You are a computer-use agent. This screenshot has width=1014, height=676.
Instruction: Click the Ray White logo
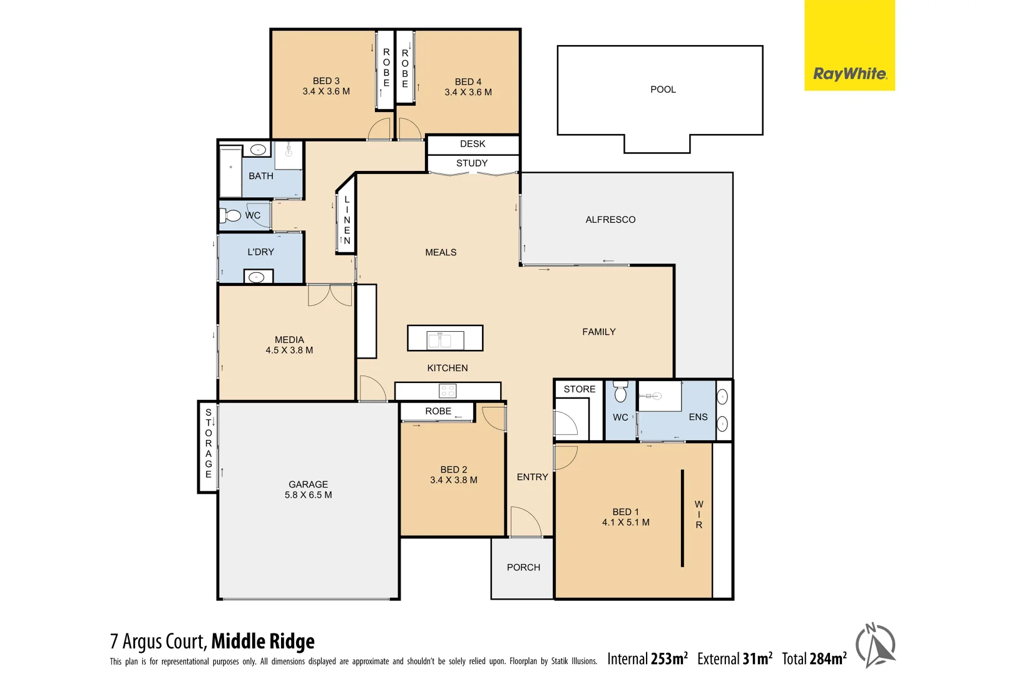(x=849, y=74)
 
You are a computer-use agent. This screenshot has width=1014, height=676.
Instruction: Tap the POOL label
(x=663, y=90)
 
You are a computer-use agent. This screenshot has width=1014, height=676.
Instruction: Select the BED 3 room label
(x=326, y=81)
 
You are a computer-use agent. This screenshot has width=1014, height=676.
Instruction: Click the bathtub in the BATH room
(x=231, y=171)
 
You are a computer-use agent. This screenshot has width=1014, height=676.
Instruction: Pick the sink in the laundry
(x=257, y=277)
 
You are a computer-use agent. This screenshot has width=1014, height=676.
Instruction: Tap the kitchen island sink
(x=445, y=340)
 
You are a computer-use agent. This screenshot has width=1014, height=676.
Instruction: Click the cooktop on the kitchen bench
(x=448, y=391)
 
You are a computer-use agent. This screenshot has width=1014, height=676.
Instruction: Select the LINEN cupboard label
(x=347, y=220)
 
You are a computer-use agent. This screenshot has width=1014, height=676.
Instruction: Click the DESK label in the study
(x=473, y=144)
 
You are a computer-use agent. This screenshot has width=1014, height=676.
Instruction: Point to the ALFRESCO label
(x=610, y=220)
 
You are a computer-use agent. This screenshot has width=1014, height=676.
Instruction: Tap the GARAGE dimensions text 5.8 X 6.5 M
(x=308, y=495)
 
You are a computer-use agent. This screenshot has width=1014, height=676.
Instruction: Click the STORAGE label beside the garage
(x=208, y=443)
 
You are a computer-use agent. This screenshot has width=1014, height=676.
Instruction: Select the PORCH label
(x=523, y=567)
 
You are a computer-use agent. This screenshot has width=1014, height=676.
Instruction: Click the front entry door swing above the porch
(x=525, y=521)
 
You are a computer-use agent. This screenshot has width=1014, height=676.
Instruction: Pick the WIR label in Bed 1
(x=699, y=515)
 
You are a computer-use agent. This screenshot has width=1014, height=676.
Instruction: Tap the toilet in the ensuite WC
(x=620, y=392)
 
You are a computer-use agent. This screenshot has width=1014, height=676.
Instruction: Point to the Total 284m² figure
(x=814, y=658)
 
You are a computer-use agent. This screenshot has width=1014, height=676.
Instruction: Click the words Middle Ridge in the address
(x=263, y=642)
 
